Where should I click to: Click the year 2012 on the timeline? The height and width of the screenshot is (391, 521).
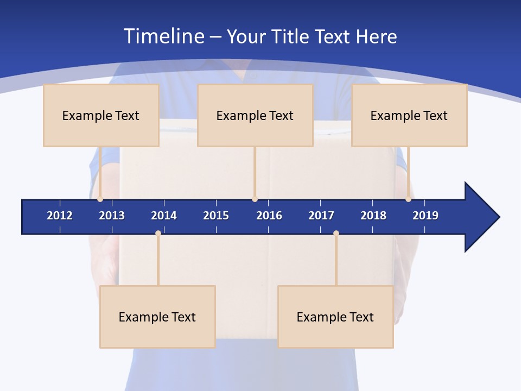[60, 216]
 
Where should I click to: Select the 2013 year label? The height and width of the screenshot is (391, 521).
[112, 216]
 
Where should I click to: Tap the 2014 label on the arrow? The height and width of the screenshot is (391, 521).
[164, 216]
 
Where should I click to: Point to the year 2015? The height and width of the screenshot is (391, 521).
[216, 216]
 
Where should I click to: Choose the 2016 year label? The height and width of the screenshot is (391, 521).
[269, 216]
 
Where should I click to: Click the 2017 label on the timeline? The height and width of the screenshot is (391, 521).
[321, 216]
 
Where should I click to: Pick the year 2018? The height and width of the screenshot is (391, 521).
[373, 216]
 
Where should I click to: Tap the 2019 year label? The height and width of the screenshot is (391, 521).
[425, 216]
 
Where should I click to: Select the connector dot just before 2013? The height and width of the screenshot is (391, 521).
[100, 199]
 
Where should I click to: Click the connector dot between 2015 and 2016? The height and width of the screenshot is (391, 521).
[255, 199]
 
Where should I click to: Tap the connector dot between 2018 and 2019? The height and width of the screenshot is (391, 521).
[408, 199]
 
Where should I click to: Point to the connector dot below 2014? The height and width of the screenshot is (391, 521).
[158, 234]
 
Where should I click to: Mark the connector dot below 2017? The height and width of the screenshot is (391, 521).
[336, 234]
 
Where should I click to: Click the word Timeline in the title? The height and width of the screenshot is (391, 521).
[163, 36]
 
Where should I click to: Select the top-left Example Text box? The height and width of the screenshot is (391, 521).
[101, 115]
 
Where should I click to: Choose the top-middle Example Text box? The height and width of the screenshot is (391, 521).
[255, 115]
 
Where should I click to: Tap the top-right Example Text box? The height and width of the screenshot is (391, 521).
[409, 115]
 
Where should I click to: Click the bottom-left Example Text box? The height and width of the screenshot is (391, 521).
[157, 317]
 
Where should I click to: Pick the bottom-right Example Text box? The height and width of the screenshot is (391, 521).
[335, 317]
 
